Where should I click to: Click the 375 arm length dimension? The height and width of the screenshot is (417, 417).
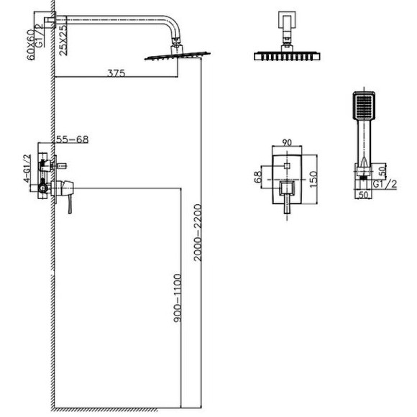pyautogui.click(x=116, y=73)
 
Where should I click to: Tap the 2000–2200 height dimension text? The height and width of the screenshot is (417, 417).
pyautogui.click(x=198, y=233)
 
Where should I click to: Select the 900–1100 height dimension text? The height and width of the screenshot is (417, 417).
pyautogui.click(x=178, y=298)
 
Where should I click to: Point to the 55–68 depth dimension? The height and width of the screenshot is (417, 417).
pyautogui.click(x=73, y=139)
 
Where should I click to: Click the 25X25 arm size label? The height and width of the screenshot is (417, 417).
pyautogui.click(x=63, y=40)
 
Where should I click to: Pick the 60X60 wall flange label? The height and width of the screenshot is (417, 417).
pyautogui.click(x=31, y=45)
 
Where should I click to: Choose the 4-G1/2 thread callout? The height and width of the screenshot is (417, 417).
pyautogui.click(x=27, y=168)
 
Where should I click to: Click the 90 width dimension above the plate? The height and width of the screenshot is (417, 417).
pyautogui.click(x=287, y=142)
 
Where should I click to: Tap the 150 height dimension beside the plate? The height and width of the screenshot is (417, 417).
pyautogui.click(x=313, y=180)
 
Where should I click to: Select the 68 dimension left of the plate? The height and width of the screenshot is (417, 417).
pyautogui.click(x=258, y=177)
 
